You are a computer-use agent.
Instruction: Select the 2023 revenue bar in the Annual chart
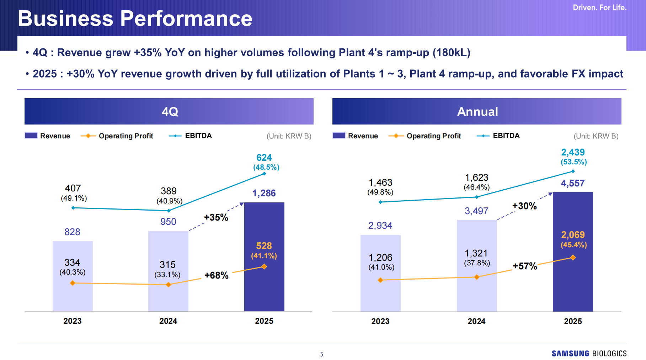click(x=380, y=292)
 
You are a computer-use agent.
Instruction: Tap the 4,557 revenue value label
click(x=572, y=184)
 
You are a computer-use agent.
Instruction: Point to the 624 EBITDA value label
click(x=264, y=158)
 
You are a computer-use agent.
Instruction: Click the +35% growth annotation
click(x=216, y=217)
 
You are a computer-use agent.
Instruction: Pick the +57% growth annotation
click(x=525, y=266)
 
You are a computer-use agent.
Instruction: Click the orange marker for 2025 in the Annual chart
click(x=573, y=258)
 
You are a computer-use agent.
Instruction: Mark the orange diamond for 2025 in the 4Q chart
click(x=264, y=266)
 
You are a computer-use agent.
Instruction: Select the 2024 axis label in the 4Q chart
click(x=168, y=321)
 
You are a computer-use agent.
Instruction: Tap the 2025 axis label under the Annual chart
click(x=573, y=321)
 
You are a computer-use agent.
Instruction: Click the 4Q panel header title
click(x=170, y=112)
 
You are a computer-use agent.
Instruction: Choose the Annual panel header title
click(x=477, y=112)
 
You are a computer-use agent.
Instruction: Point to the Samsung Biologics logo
click(x=589, y=353)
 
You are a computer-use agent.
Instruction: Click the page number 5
click(x=322, y=354)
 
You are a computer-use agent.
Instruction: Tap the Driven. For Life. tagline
click(x=599, y=7)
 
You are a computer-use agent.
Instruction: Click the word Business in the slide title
click(x=65, y=18)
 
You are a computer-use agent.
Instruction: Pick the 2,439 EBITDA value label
click(x=573, y=152)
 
